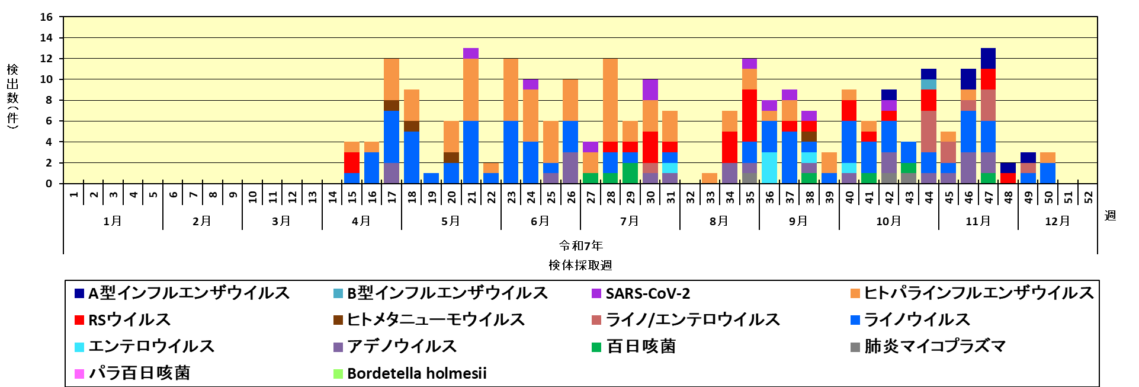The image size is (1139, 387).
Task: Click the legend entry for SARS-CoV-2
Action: (x=647, y=293)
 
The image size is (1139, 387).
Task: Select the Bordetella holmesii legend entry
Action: (x=416, y=373)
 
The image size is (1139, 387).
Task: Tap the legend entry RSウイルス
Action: (x=129, y=320)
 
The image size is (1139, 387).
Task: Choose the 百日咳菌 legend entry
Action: (x=640, y=347)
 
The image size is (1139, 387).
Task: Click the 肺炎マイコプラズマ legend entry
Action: (x=934, y=347)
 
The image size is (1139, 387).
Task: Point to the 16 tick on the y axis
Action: (x=46, y=17)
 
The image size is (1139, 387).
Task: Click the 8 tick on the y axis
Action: (x=49, y=100)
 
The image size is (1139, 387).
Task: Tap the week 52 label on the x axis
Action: (x=1088, y=197)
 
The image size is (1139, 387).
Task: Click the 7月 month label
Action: (x=629, y=221)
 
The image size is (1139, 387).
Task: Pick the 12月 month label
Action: (x=1057, y=221)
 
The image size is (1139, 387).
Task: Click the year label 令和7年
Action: (x=580, y=245)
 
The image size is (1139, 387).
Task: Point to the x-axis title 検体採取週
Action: (x=580, y=265)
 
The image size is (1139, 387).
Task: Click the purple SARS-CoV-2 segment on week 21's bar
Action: (x=471, y=53)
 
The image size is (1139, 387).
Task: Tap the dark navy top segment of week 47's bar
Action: (x=988, y=58)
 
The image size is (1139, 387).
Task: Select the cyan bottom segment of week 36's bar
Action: (x=769, y=168)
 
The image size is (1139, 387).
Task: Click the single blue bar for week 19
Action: (x=431, y=178)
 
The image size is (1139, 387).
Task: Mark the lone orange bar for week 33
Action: (x=710, y=178)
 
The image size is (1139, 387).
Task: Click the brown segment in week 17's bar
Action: (x=392, y=105)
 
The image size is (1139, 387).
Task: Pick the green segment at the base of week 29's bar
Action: (x=630, y=173)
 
